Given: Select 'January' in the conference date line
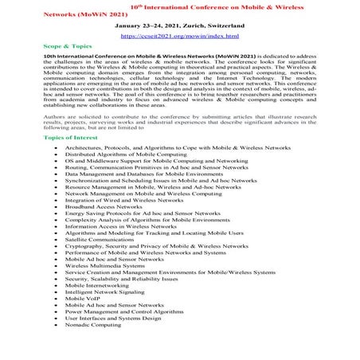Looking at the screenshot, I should coord(131,25).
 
